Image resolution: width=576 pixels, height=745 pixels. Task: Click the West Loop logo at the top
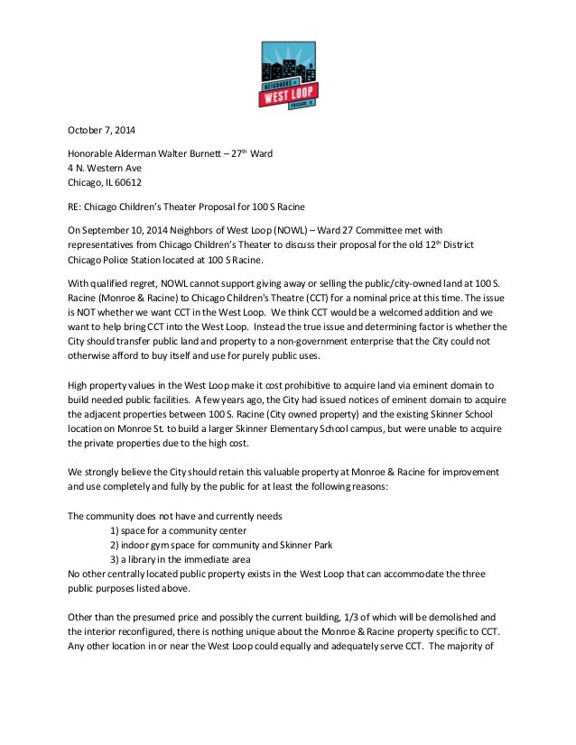point(287,75)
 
